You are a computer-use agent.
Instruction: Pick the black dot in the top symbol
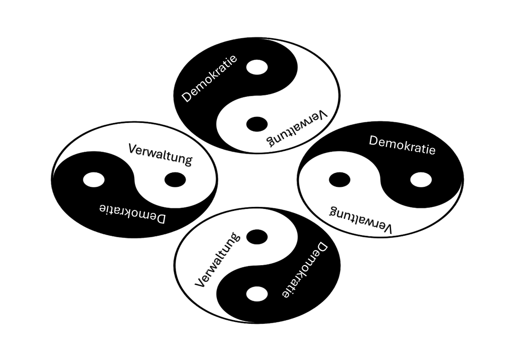point(257,123)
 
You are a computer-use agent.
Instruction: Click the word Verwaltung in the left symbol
point(160,154)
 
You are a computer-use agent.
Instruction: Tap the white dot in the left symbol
point(94,179)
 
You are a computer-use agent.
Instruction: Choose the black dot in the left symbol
point(175,179)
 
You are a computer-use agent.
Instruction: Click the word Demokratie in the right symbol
point(402,145)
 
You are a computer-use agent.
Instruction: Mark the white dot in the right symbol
point(421,179)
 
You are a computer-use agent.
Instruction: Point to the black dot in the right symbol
point(340,179)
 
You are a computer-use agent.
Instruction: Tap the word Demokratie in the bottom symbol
point(302,271)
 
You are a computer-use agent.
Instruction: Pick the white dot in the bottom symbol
point(257,294)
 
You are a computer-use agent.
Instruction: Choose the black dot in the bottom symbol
point(257,236)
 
